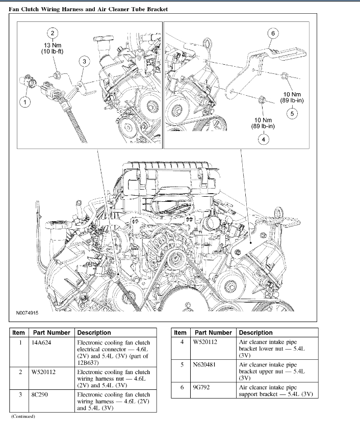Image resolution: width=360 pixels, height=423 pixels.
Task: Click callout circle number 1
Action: click(23, 102)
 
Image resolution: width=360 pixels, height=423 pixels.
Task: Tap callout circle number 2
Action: click(52, 33)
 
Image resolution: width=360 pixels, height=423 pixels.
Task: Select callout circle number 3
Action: click(84, 62)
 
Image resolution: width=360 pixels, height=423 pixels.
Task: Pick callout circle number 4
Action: click(263, 139)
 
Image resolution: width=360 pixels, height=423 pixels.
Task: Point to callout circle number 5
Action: click(292, 114)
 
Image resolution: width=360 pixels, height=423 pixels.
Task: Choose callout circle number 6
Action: click(273, 34)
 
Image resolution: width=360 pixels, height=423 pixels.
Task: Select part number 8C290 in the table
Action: click(40, 395)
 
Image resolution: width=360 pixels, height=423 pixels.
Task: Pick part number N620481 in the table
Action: click(205, 365)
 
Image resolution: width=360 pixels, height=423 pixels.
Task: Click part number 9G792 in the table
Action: click(202, 388)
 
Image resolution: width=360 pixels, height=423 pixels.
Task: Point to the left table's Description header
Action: click(94, 332)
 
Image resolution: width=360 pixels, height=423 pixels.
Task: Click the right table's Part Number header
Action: click(213, 332)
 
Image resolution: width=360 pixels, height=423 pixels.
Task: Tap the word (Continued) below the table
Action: click(23, 416)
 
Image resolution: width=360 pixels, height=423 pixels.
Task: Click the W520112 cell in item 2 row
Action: click(44, 373)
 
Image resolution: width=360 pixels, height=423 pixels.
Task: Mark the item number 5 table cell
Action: click(182, 365)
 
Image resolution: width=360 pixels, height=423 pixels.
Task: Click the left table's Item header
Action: click(18, 332)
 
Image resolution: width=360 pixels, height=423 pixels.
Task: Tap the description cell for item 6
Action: click(275, 391)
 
